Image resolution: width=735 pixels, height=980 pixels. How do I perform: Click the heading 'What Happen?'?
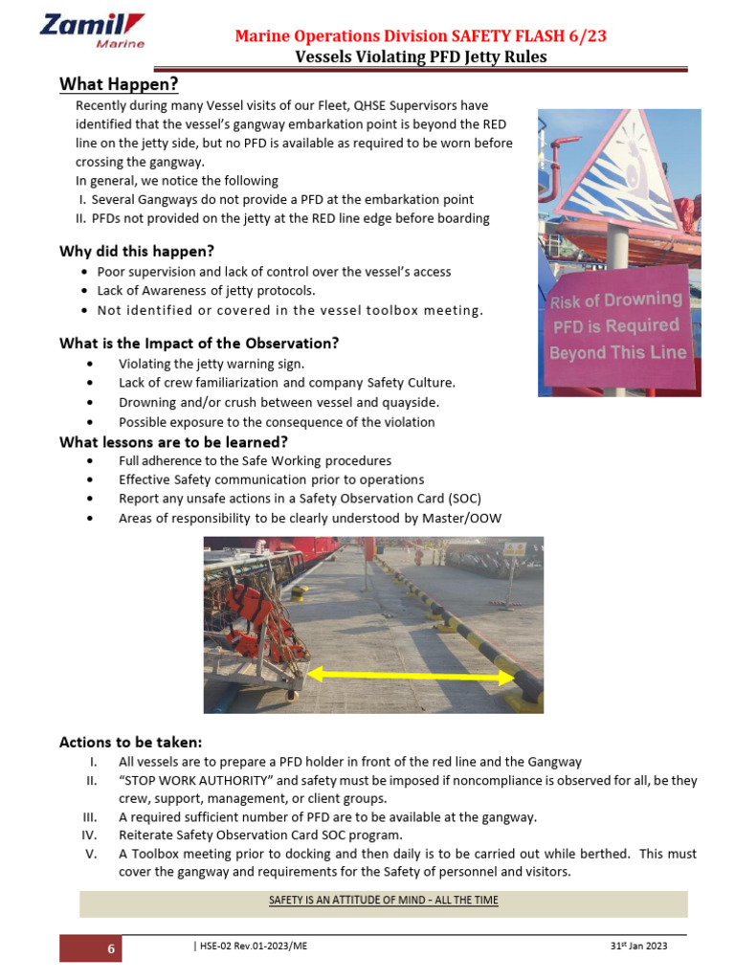coord(119,85)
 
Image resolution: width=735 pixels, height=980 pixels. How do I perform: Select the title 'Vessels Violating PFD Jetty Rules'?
coord(420,56)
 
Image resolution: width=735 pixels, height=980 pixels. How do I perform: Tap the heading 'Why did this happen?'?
coord(137,252)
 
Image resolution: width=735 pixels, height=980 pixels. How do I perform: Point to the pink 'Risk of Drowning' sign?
coord(617,326)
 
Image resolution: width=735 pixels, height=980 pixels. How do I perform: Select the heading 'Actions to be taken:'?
coord(130,743)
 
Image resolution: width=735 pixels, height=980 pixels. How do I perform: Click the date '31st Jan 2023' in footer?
coord(638,946)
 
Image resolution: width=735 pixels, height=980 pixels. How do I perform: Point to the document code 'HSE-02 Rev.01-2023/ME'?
coord(251,946)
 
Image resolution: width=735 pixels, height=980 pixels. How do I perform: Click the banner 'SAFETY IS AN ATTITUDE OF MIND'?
coord(383,901)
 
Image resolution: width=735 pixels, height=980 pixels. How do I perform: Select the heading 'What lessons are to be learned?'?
coord(173,442)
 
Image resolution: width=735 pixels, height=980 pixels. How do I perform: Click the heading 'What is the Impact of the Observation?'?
coord(199,344)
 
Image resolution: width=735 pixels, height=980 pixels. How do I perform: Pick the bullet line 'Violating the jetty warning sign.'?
coord(211,364)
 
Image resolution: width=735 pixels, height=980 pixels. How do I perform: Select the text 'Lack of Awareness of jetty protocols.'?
coord(206,291)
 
